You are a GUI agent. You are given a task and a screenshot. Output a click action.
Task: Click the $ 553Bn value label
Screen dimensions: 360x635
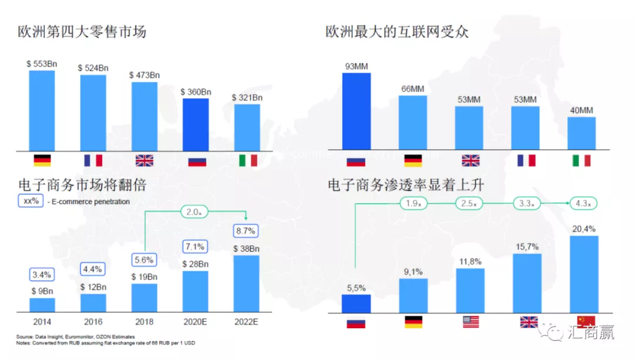tap(42, 64)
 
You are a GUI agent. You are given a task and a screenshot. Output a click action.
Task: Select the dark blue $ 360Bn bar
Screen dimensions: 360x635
tap(196, 125)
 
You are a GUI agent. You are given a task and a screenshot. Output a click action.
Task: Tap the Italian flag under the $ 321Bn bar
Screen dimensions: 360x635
tap(248, 161)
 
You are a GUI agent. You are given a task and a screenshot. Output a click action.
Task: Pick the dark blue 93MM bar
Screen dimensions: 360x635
tap(356, 112)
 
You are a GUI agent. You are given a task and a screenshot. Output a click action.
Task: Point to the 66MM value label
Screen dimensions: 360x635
tap(413, 89)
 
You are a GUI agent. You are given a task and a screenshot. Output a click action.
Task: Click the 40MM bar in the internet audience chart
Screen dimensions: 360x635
tap(581, 134)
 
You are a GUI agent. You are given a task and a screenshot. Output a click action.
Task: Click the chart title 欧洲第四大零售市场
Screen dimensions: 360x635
tap(82, 31)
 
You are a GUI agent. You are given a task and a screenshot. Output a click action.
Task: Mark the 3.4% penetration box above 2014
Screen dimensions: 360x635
tap(42, 274)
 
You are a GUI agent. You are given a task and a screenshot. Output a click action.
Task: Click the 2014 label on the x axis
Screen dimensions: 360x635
tap(42, 322)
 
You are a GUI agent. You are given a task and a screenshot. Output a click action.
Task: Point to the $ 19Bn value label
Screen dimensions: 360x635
tap(145, 277)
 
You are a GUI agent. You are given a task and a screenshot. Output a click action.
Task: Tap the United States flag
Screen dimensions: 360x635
tap(470, 322)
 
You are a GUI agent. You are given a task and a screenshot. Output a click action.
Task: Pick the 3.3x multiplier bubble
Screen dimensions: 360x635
tap(526, 204)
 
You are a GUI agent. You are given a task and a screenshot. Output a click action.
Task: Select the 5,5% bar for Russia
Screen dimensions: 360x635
tap(356, 303)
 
